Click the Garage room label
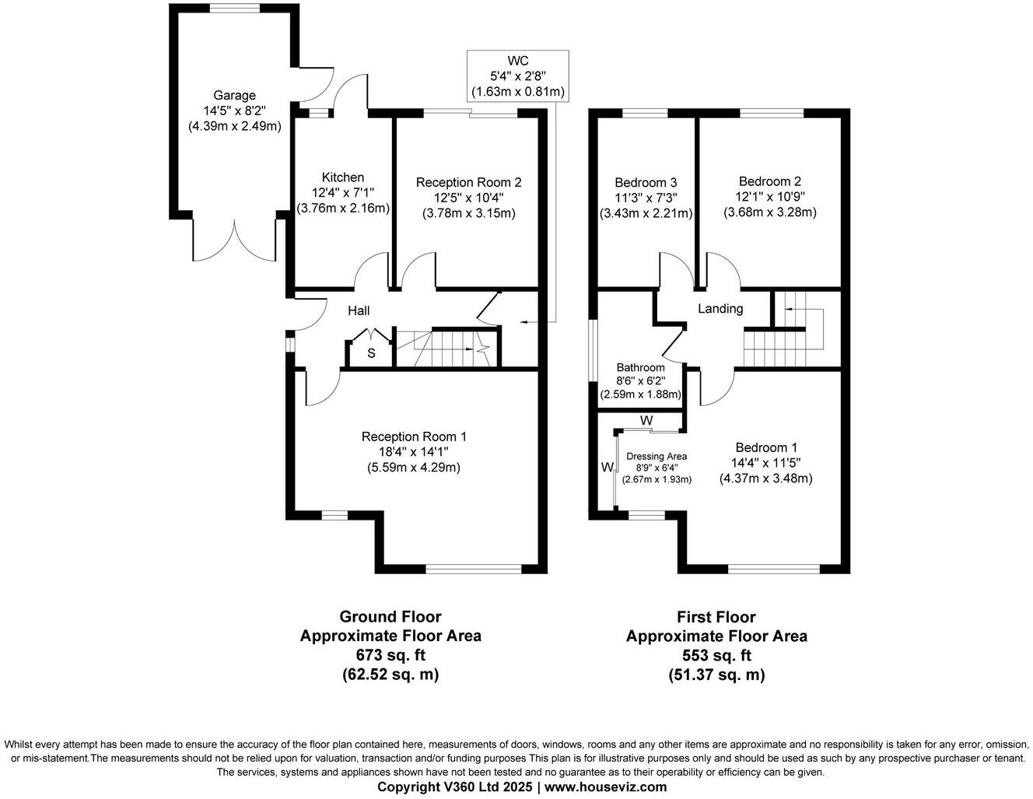(234, 96)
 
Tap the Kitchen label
(343, 177)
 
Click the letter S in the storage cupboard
(371, 353)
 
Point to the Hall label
(359, 311)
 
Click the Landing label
(720, 309)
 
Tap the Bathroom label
(641, 367)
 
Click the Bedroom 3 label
(646, 182)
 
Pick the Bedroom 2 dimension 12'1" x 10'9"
(770, 197)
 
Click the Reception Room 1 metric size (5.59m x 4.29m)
(414, 468)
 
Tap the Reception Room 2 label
(468, 182)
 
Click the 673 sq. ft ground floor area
(390, 654)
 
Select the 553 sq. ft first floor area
(716, 655)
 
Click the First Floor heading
(716, 617)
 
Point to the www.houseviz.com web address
(605, 787)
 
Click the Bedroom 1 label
(766, 447)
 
